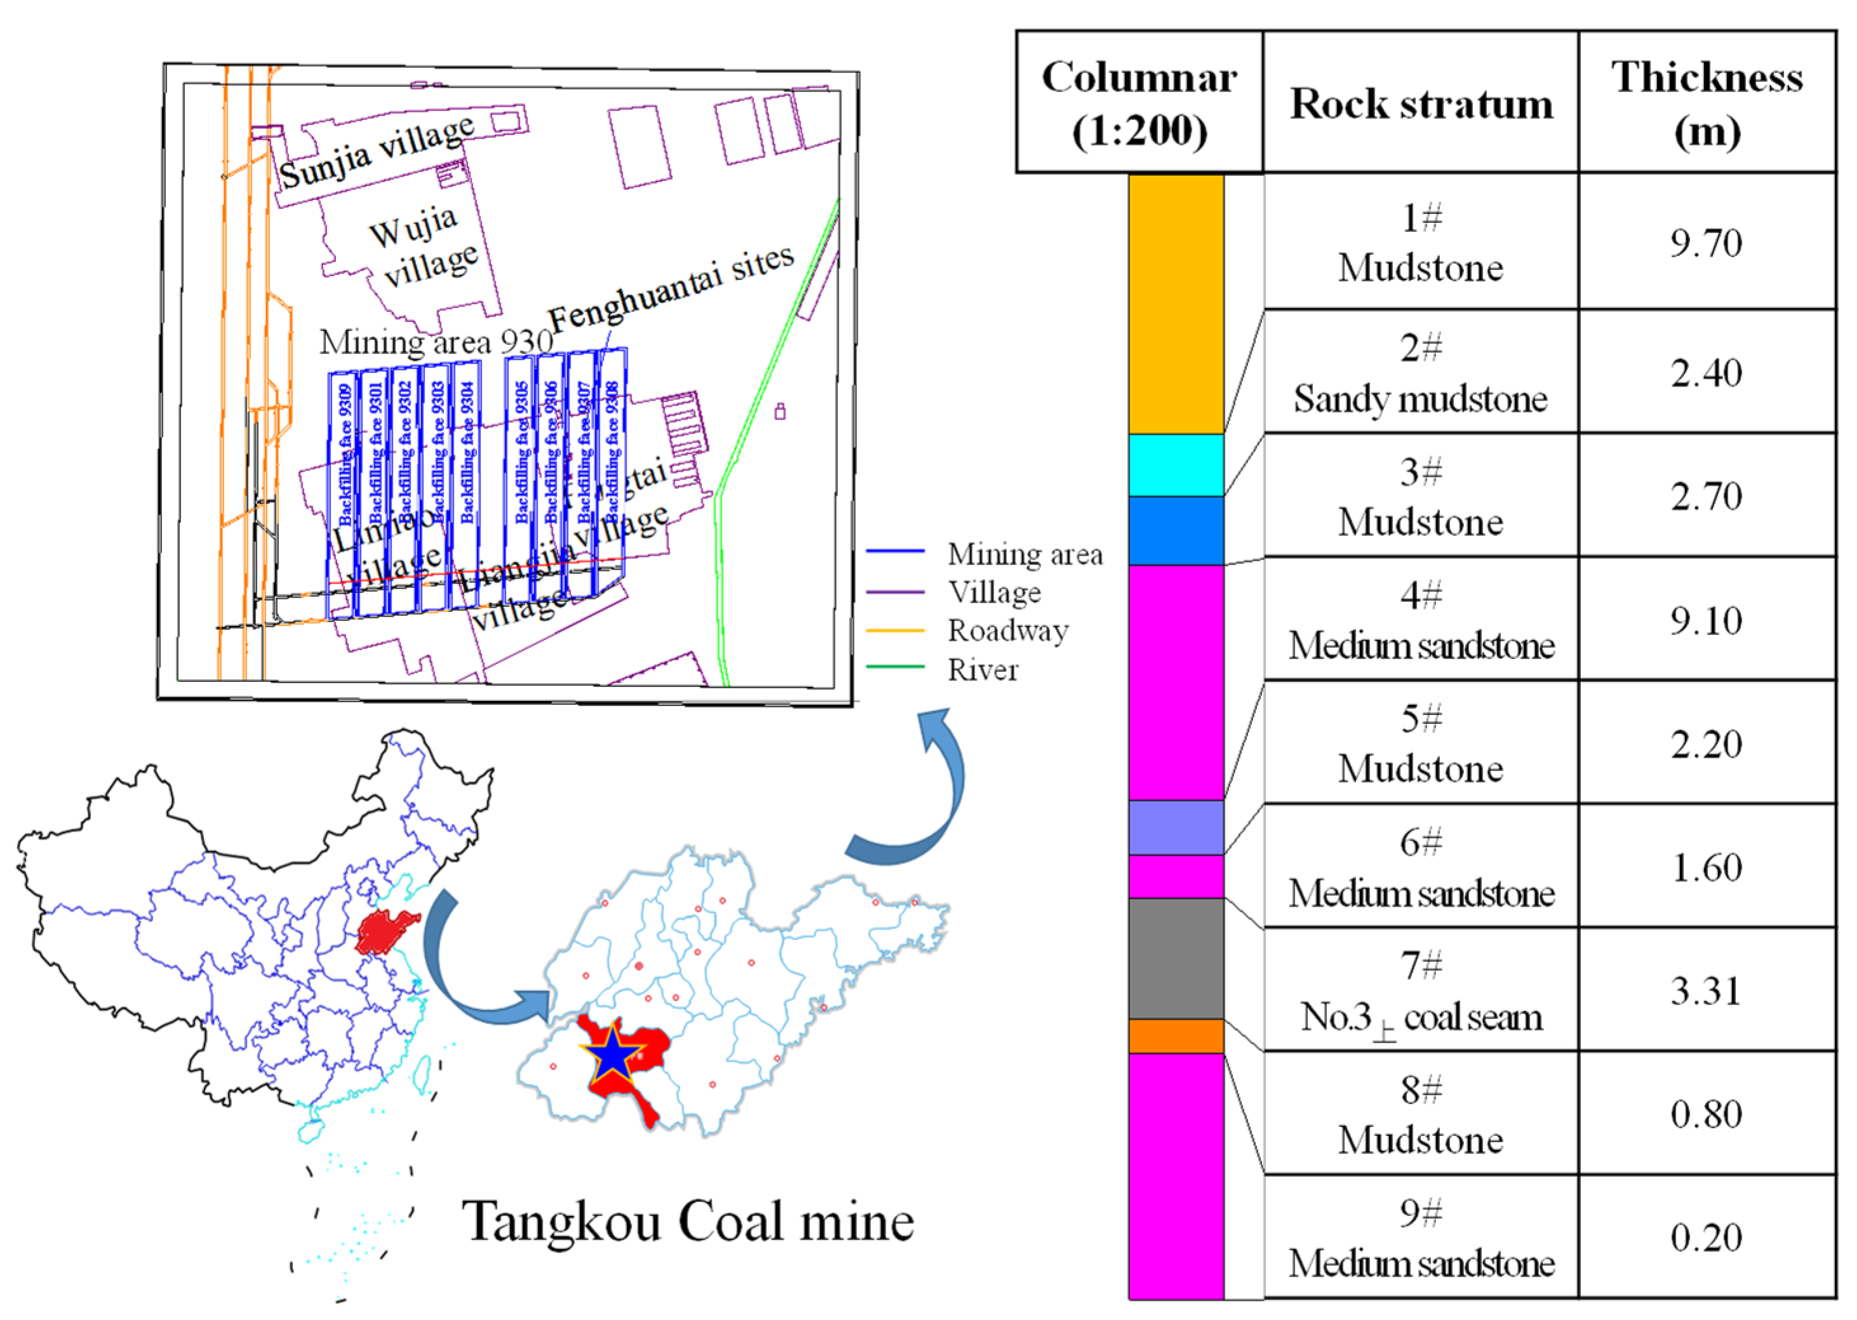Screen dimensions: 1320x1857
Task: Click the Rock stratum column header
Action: (x=1421, y=104)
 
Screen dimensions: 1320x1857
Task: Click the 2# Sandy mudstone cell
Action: (x=1421, y=373)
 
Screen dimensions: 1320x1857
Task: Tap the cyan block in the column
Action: (x=1175, y=465)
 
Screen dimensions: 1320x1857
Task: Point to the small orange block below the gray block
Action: (x=1175, y=1036)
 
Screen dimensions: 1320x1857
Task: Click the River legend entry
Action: (x=982, y=670)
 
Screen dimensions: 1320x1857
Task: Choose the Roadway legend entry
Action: (x=1007, y=630)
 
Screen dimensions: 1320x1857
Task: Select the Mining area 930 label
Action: (x=436, y=342)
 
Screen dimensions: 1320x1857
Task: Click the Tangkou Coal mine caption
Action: (x=688, y=1222)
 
